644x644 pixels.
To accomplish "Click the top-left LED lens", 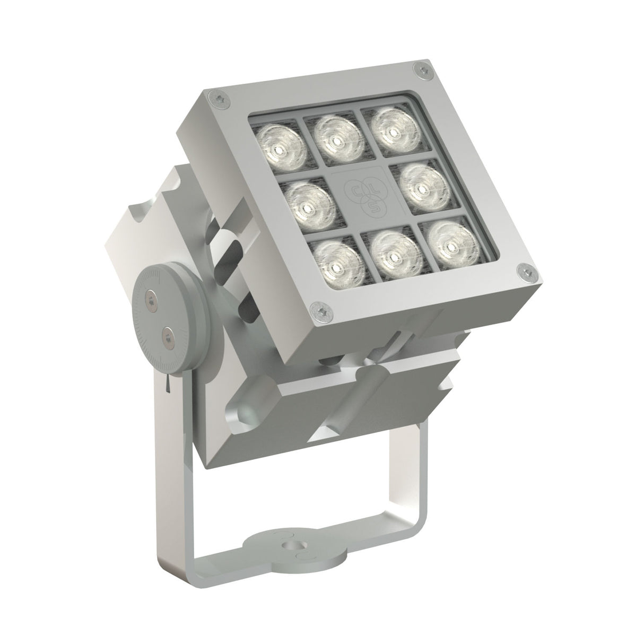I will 280,144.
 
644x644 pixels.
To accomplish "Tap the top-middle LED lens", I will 335,139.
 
